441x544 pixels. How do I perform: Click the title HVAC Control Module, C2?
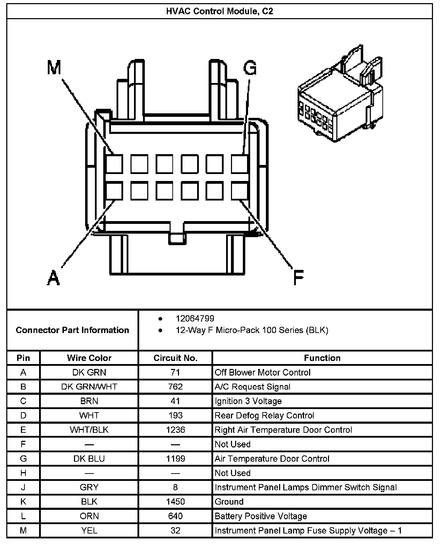click(x=219, y=11)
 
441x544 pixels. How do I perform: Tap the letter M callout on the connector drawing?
click(x=54, y=67)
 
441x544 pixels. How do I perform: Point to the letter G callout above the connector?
click(x=249, y=68)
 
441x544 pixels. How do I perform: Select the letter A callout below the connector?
click(x=53, y=278)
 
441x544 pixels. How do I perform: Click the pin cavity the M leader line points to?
click(x=114, y=164)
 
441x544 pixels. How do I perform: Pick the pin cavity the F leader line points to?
click(x=239, y=191)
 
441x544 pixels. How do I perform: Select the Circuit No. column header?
click(x=175, y=358)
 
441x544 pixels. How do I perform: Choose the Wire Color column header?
click(x=89, y=358)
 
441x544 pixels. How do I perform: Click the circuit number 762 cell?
click(x=175, y=387)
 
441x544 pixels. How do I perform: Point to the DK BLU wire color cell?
click(x=89, y=459)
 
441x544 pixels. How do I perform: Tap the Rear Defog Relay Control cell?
click(x=264, y=415)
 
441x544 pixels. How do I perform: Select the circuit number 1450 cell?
click(x=175, y=502)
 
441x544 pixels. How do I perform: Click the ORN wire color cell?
click(x=89, y=516)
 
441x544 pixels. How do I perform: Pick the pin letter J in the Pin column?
click(x=23, y=487)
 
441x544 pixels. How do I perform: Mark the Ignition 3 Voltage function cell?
click(x=248, y=401)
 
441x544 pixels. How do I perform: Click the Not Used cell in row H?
click(x=233, y=473)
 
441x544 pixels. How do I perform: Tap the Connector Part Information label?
click(x=72, y=330)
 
